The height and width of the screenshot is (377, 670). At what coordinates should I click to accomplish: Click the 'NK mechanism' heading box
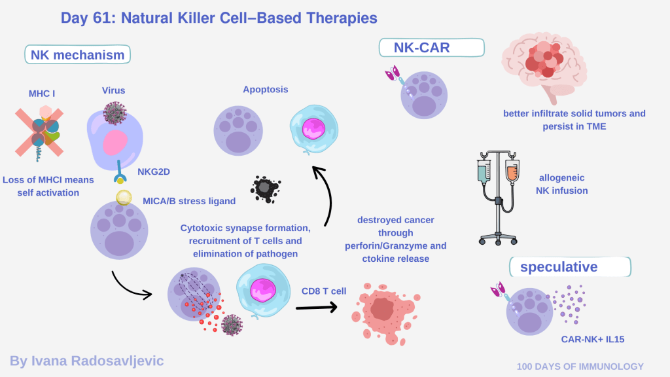77,54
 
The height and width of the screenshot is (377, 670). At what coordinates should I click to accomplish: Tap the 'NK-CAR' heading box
431,47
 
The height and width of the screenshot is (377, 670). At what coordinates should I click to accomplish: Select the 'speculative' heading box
570,266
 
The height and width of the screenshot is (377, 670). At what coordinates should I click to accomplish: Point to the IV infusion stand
499,197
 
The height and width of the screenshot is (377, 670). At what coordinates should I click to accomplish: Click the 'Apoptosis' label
265,89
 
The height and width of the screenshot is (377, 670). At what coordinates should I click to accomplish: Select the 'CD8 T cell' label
323,290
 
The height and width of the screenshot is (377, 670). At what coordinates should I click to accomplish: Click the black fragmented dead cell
265,189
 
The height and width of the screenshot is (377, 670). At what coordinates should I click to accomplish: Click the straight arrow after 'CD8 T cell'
316,306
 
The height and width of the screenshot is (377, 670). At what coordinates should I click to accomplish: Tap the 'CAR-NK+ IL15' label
593,339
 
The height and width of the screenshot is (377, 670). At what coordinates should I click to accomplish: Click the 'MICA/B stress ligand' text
189,201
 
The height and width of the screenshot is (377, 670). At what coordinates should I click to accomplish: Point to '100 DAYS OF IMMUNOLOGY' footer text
580,367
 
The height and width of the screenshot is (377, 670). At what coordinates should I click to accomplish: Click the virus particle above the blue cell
115,113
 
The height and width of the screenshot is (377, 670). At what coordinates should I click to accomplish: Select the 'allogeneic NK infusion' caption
563,184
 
